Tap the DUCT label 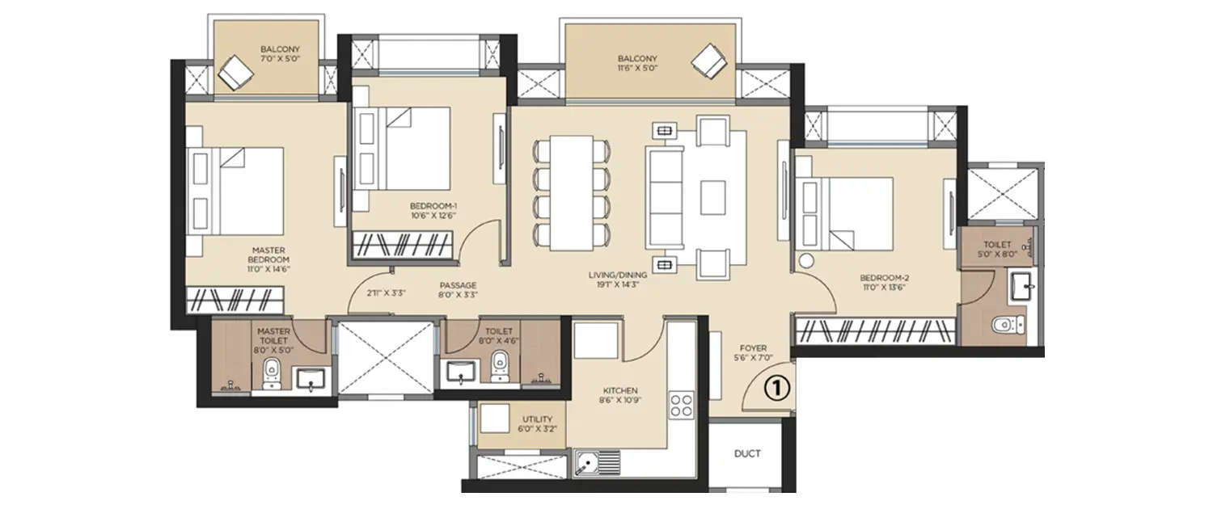[x=747, y=453]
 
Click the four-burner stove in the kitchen [x=682, y=404]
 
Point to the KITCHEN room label [x=620, y=390]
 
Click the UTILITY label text [x=537, y=419]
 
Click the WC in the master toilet [x=272, y=372]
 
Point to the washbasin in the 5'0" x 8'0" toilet [x=1021, y=285]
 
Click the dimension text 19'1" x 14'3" [x=619, y=285]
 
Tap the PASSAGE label [x=458, y=285]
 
